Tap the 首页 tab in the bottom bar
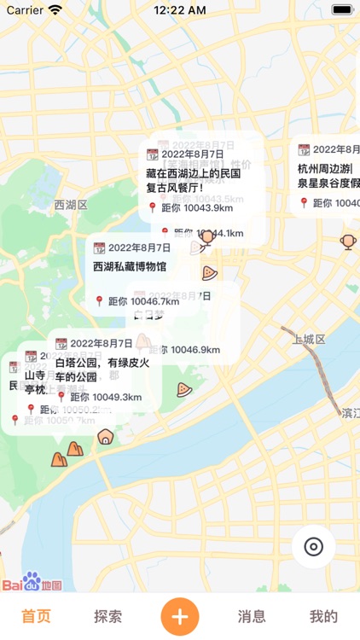[x=36, y=616]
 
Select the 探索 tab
[x=107, y=616]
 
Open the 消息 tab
[x=252, y=616]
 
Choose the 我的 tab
[x=323, y=616]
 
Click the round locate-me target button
[x=313, y=547]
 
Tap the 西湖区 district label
[x=71, y=205]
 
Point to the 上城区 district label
[x=309, y=340]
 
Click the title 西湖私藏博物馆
[x=130, y=266]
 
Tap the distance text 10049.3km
[x=106, y=397]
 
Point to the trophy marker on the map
[x=348, y=241]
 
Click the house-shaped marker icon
[x=105, y=437]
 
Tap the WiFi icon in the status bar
[x=55, y=10]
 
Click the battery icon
[x=343, y=10]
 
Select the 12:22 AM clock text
[x=179, y=10]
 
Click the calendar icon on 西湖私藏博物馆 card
[x=100, y=247]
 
